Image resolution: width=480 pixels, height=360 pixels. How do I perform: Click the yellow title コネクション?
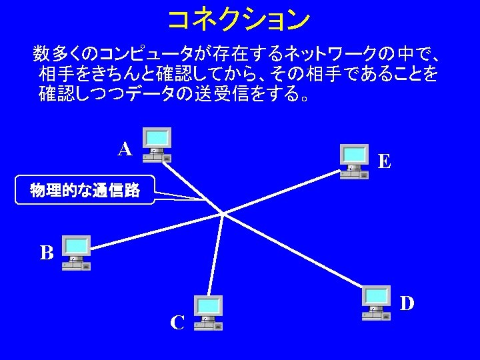[238, 19]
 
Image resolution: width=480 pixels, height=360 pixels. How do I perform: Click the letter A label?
[125, 149]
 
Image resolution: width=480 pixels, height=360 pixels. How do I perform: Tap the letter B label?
[46, 253]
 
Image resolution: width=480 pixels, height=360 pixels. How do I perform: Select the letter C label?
[177, 323]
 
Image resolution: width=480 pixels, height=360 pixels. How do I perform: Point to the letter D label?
[407, 303]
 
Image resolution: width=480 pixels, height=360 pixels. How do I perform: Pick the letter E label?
[384, 161]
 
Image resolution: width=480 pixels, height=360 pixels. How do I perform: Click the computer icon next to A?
[157, 145]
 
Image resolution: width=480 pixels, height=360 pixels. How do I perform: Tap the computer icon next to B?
[76, 253]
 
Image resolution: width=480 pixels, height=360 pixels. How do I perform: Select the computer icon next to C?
[208, 313]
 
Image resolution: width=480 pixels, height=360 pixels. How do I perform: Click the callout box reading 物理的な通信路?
[85, 191]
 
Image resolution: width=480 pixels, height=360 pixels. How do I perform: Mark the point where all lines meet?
[222, 214]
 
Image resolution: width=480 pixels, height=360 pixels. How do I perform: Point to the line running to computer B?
[153, 231]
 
